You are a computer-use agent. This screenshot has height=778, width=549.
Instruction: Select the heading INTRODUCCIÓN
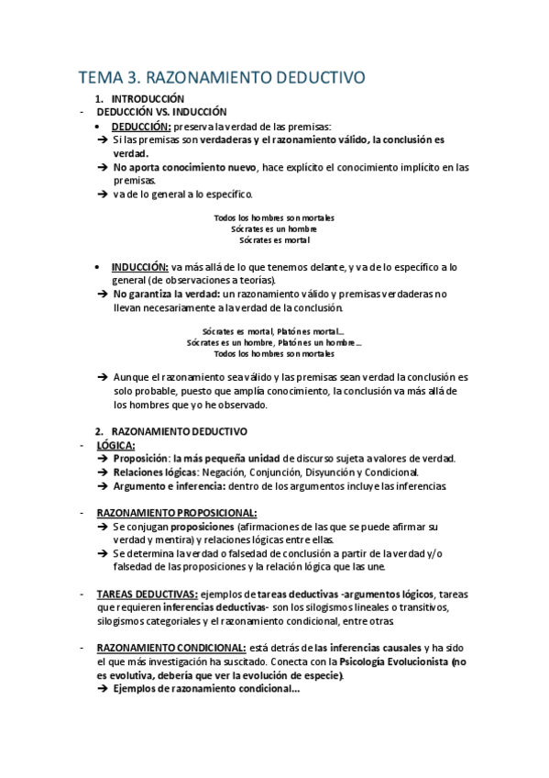pyautogui.click(x=148, y=98)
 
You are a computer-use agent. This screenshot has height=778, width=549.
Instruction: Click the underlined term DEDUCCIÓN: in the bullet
pyautogui.click(x=141, y=126)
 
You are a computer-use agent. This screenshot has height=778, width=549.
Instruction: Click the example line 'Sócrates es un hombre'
pyautogui.click(x=274, y=228)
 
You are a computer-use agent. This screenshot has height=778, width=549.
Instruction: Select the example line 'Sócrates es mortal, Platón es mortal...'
pyautogui.click(x=274, y=331)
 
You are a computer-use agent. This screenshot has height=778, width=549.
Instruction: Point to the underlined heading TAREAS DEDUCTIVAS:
pyautogui.click(x=147, y=594)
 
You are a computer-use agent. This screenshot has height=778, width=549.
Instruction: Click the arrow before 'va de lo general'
pyautogui.click(x=102, y=194)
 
